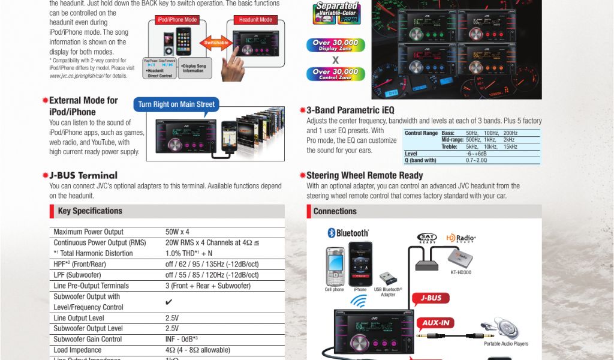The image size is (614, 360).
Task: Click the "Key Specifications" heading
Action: [x=90, y=211]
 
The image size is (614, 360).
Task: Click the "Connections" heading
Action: [x=335, y=211]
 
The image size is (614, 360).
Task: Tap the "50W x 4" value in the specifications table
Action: [x=177, y=232]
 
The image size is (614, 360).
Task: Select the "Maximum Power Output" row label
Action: [x=88, y=232]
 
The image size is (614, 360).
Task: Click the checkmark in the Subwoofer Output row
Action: [x=168, y=302]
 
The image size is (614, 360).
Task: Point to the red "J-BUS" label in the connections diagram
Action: [x=431, y=298]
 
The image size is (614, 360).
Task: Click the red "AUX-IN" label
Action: [x=435, y=323]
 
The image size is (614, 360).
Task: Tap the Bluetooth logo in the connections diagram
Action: [x=348, y=233]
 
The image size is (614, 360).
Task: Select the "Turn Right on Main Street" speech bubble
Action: [x=176, y=104]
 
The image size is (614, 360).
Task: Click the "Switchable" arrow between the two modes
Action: [x=216, y=43]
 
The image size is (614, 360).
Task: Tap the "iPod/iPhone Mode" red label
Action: [x=177, y=20]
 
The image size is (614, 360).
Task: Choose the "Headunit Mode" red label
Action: [x=255, y=20]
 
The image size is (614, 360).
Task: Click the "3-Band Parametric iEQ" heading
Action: [x=350, y=110]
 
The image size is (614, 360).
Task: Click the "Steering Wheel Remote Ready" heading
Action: [x=365, y=176]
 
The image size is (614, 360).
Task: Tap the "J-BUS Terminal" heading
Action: [x=83, y=176]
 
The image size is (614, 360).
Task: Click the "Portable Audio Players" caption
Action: [x=506, y=344]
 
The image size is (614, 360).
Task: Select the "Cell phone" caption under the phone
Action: [x=334, y=290]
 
